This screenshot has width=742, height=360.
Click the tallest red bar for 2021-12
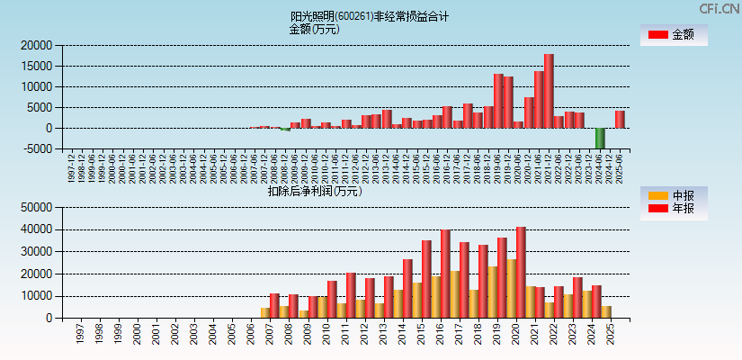(549, 91)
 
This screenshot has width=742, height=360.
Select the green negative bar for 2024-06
(600, 138)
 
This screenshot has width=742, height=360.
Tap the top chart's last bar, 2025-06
(620, 119)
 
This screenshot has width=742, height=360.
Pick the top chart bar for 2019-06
(498, 101)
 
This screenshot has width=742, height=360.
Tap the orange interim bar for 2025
(606, 311)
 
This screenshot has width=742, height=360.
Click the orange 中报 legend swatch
(658, 195)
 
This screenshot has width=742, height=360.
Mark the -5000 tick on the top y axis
(35, 149)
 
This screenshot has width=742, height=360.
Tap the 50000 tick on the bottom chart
(35, 207)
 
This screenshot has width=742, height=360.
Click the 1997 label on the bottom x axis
(80, 334)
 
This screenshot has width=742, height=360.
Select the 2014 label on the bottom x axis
(407, 334)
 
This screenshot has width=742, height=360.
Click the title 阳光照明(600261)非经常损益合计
(370, 16)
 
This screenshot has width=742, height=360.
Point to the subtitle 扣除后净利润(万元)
(314, 191)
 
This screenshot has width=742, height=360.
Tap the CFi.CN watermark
(719, 8)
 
